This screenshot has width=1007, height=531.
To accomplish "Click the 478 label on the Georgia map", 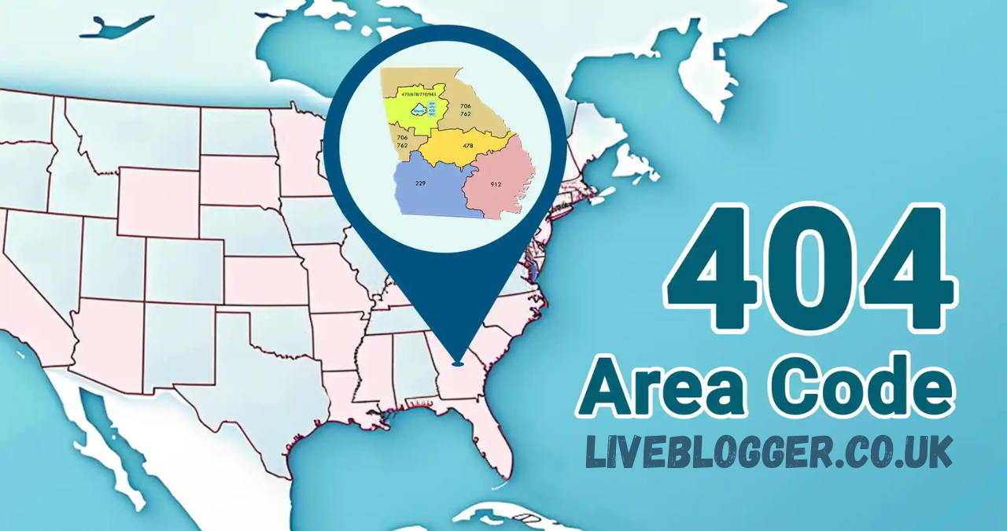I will point(468,146).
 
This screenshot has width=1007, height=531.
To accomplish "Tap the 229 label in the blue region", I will point(420,183).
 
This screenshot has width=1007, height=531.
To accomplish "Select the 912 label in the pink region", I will point(496,184).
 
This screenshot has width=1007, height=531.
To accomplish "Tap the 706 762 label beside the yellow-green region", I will point(466,109).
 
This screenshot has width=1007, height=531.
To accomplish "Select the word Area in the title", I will point(658,386).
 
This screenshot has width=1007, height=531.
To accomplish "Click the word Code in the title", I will point(854,386).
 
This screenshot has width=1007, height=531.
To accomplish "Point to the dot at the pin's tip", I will point(458,363).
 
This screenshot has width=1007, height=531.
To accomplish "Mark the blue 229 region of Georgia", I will point(433,193).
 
